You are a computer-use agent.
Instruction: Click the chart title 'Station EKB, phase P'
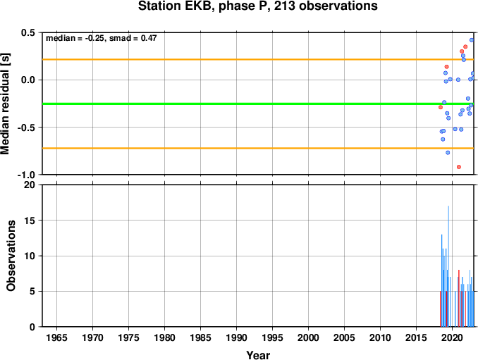[205, 6]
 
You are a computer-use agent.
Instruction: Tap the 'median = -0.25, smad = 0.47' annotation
[102, 38]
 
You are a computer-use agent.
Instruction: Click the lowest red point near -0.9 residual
[459, 167]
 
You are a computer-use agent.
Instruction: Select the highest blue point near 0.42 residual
[472, 40]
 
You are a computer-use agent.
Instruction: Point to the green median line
[258, 104]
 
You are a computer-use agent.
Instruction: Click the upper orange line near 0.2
[258, 59]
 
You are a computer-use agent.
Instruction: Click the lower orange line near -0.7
[258, 149]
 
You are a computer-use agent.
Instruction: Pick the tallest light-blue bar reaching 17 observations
[448, 266]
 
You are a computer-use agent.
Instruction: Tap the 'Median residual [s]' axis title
[5, 104]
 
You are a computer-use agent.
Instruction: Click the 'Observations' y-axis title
[11, 256]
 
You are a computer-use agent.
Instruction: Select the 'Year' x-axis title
[258, 355]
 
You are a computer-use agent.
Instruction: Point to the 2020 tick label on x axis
[452, 337]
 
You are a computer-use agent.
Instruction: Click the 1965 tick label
[56, 337]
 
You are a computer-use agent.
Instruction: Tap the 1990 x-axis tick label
[237, 337]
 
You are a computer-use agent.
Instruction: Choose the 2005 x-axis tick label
[344, 337]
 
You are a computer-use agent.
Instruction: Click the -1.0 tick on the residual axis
[27, 175]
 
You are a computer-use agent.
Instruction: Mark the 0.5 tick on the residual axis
[28, 32]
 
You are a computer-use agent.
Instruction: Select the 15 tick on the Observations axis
[30, 221]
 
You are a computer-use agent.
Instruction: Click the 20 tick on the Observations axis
[30, 185]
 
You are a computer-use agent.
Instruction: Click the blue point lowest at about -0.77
[448, 153]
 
